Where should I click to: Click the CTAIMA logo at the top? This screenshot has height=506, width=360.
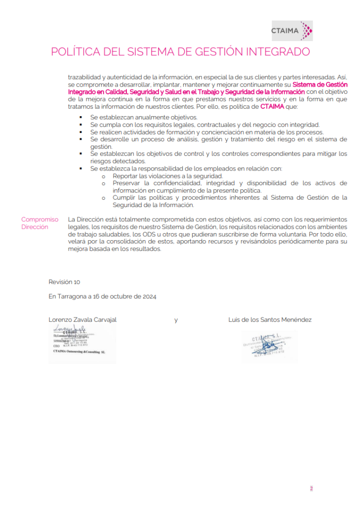[292, 31]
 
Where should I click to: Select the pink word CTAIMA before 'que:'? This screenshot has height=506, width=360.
[272, 106]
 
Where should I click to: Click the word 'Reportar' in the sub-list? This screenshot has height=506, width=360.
[125, 176]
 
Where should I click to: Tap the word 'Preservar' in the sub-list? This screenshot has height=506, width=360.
[127, 183]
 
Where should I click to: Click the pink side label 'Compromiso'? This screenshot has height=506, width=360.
[40, 219]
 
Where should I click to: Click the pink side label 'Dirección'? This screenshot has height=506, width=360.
[35, 227]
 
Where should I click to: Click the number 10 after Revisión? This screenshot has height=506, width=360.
[77, 282]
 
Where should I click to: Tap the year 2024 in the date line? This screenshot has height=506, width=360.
[149, 296]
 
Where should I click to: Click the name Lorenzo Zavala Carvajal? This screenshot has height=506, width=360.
[82, 320]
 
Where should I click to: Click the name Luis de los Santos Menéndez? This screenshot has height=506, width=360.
[270, 320]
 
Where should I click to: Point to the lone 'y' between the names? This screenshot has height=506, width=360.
[176, 320]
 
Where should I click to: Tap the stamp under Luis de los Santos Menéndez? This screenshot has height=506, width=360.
[269, 346]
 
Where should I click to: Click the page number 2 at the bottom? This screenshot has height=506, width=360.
[311, 489]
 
